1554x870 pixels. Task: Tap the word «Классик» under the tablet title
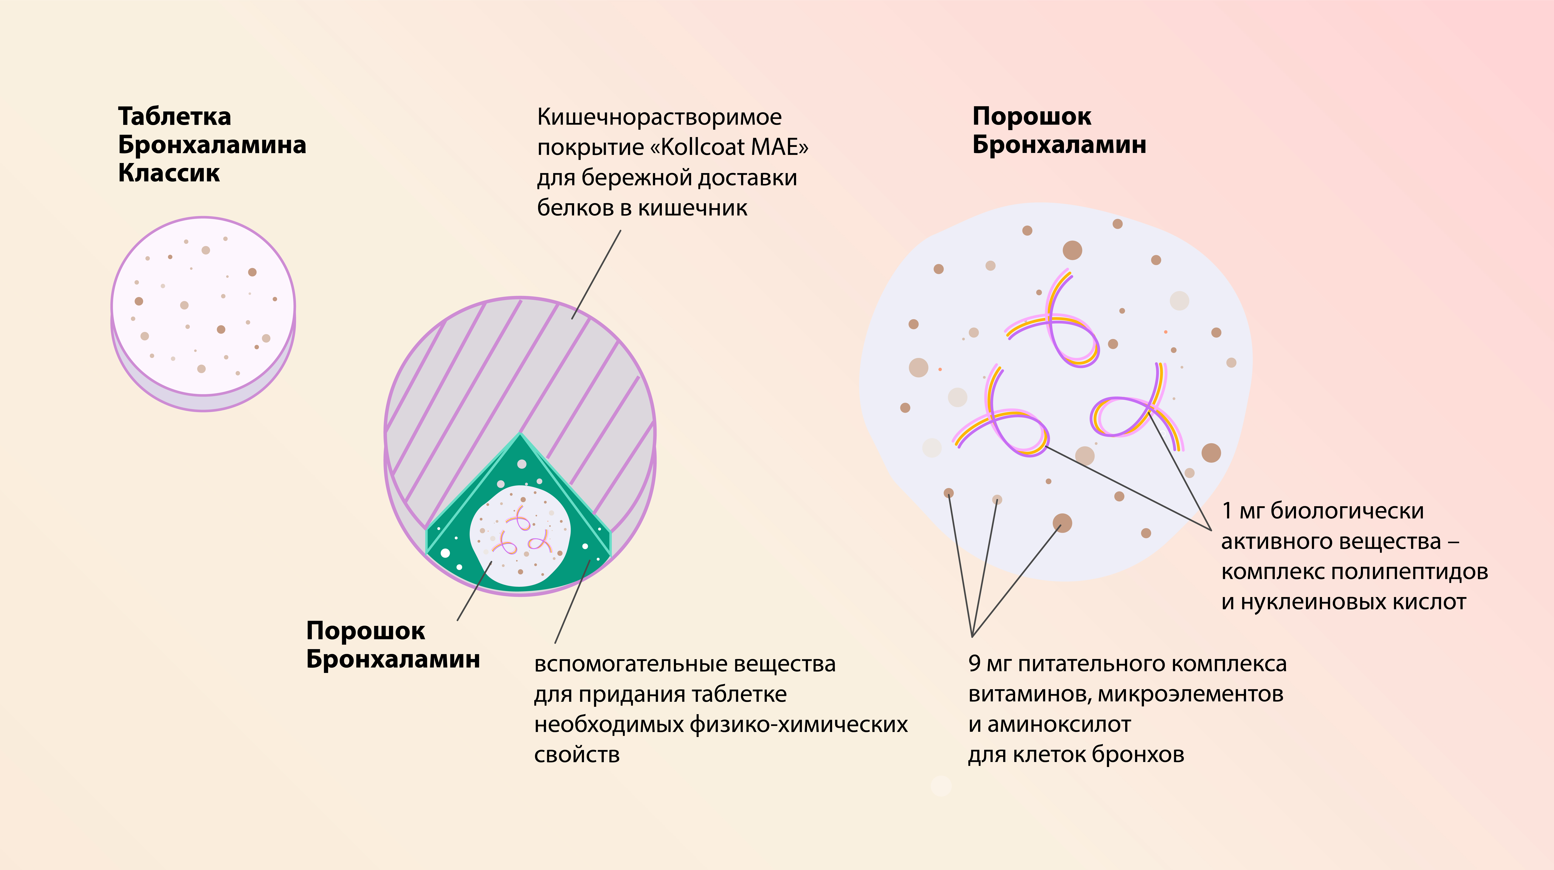169,173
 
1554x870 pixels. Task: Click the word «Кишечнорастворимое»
659,117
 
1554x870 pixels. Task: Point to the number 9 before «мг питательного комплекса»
974,664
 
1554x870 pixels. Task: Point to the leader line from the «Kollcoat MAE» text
596,274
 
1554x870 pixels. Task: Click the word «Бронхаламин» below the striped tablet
393,660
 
